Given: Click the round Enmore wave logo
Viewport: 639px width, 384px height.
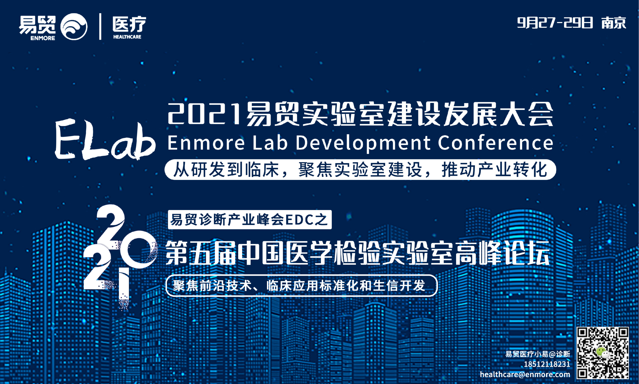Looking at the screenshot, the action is [74, 27].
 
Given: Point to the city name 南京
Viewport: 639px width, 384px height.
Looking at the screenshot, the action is [614, 23].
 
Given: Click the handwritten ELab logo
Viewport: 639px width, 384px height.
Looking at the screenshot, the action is [105, 139].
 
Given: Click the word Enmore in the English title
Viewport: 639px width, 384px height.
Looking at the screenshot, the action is [206, 143].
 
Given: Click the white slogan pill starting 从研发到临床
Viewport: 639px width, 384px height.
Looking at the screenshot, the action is [360, 170].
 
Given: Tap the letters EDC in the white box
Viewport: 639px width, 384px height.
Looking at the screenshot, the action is [299, 220].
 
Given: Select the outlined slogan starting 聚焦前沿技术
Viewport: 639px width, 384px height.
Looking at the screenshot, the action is [301, 286].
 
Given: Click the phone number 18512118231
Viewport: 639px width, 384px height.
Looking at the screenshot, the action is [547, 364].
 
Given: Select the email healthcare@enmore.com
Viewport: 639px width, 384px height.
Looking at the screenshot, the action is [525, 374].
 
